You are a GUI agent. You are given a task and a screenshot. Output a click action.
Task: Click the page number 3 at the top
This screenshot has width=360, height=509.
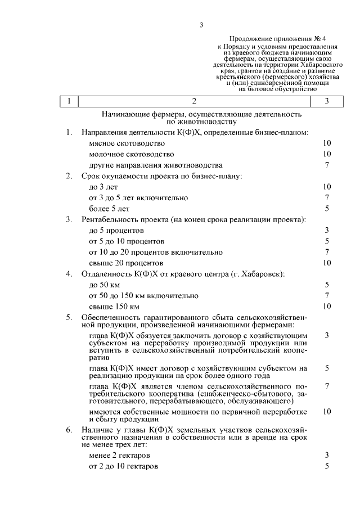201,24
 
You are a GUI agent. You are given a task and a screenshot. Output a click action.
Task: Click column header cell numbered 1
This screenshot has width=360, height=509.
69,101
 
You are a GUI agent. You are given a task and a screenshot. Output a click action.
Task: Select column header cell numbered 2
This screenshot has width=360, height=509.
194,101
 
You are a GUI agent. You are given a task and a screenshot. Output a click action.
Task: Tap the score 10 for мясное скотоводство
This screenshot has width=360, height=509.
327,143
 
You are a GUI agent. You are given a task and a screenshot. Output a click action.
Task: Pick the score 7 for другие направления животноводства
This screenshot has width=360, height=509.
327,165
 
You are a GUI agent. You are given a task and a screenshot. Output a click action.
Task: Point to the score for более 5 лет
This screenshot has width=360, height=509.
327,209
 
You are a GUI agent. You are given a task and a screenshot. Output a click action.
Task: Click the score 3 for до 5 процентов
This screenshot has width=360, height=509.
327,230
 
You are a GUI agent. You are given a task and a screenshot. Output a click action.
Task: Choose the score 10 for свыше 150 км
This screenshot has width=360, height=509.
327,307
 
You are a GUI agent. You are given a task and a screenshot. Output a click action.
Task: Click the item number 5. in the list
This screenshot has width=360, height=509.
69,318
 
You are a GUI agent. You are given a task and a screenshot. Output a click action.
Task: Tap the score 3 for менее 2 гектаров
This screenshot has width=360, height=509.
327,455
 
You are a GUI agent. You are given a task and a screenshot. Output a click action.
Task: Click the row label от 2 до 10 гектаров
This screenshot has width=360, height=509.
124,466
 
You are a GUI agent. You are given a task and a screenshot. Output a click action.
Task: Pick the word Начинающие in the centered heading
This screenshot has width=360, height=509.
125,114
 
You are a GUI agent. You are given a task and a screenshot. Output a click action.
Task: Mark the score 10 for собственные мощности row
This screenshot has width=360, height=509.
327,412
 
